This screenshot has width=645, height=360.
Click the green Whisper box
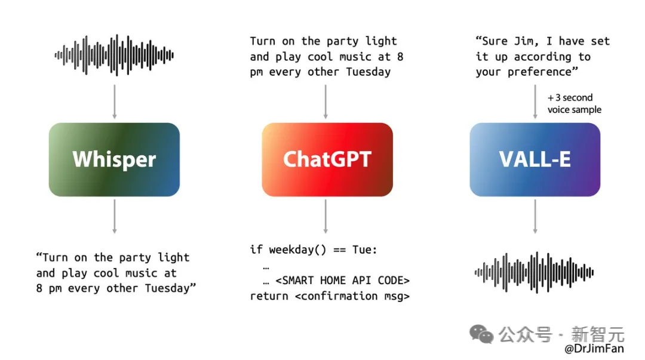click(x=114, y=159)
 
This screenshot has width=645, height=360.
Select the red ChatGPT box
click(x=327, y=159)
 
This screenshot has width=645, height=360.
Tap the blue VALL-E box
click(x=535, y=159)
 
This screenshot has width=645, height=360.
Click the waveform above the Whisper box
click(x=114, y=55)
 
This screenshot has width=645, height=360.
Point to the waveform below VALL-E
click(x=534, y=272)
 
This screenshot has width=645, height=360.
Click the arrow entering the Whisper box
click(x=114, y=102)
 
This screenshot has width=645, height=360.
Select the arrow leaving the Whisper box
click(x=114, y=217)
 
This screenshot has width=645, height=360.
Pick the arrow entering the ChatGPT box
click(x=325, y=102)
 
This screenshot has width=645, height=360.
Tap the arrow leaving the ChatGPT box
click(x=325, y=217)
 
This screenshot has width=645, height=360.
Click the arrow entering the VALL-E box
click(x=535, y=102)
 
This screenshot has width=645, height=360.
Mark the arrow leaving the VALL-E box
click(x=535, y=217)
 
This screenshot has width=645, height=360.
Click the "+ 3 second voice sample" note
click(x=575, y=104)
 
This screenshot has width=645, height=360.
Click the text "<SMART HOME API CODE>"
click(x=343, y=281)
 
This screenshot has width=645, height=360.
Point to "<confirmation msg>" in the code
click(x=352, y=296)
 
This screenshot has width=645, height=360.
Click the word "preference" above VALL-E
click(x=539, y=72)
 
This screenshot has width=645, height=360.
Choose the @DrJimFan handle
click(x=594, y=349)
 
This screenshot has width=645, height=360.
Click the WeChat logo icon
click(x=481, y=334)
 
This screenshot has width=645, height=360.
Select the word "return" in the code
click(x=269, y=296)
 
